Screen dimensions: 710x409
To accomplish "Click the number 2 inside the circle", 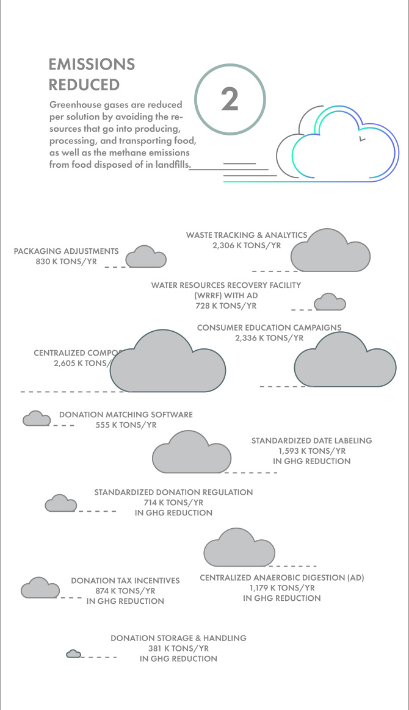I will (230, 99).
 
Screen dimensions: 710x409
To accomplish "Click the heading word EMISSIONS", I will (92, 64).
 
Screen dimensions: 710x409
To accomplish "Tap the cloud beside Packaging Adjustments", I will (147, 257).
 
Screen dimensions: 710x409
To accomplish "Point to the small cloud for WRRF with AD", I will (330, 303).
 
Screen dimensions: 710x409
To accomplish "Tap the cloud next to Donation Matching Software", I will (37, 419).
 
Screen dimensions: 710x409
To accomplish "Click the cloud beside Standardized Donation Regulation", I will (60, 504).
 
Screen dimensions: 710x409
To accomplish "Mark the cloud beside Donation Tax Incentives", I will (40, 589).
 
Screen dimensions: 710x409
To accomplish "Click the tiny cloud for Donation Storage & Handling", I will (74, 654).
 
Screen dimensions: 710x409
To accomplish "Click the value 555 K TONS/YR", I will (126, 425).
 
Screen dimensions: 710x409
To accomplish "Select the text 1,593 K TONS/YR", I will (311, 451).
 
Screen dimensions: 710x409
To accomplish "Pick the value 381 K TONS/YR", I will (178, 648).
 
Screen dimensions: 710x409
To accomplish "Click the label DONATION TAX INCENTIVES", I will (125, 581).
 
